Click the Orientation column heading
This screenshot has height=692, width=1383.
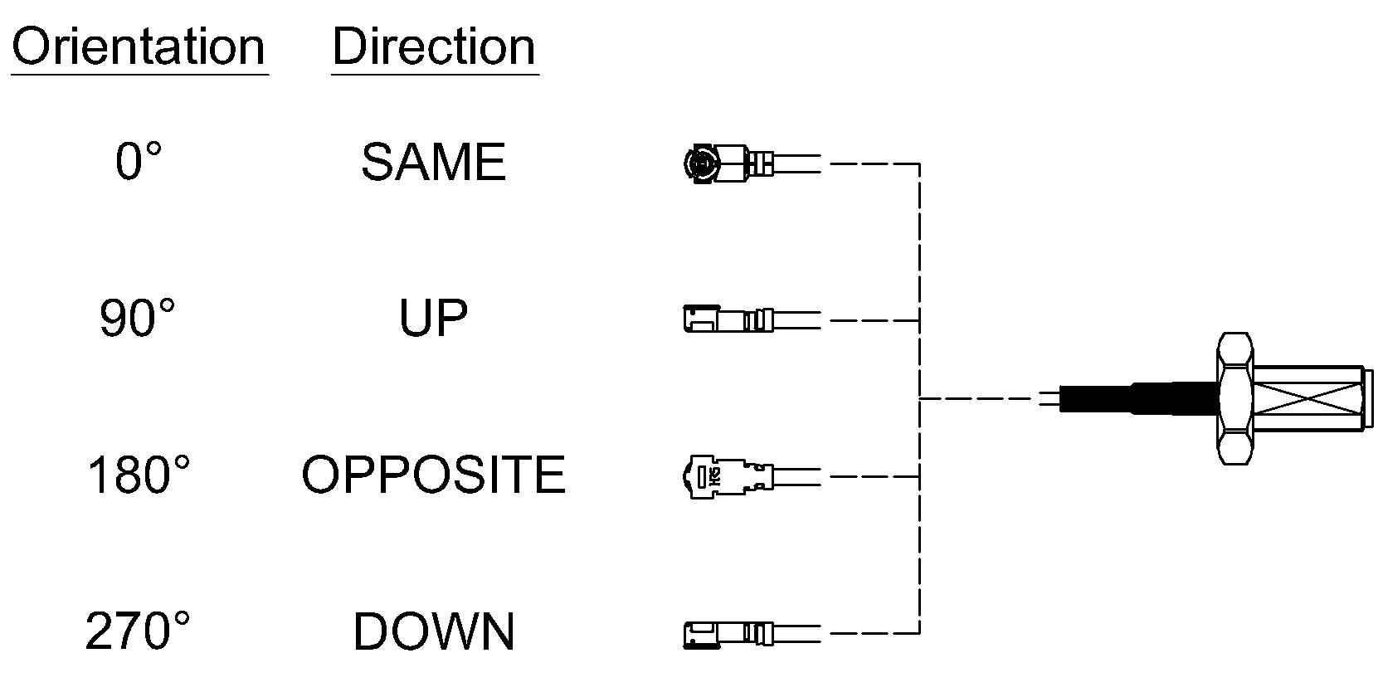[139, 47]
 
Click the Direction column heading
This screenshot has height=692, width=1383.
[434, 47]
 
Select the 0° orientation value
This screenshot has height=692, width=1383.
[139, 161]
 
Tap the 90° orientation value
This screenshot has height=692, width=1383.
[137, 318]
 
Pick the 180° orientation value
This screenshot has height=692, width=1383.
[139, 475]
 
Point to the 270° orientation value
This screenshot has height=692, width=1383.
[137, 631]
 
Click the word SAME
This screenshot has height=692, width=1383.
[433, 162]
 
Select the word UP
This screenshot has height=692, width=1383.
[433, 319]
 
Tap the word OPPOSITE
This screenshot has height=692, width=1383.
[433, 475]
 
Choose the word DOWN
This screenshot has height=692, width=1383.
[433, 631]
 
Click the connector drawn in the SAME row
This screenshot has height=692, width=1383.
[752, 163]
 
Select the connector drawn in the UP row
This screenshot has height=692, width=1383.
[752, 319]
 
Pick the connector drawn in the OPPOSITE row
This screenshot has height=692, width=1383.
[752, 476]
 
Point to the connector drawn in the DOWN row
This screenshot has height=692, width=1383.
[752, 634]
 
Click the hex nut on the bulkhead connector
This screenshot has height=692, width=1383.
[1234, 398]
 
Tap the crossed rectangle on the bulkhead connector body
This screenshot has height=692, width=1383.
[1308, 399]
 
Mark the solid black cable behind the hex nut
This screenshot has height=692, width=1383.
[1139, 398]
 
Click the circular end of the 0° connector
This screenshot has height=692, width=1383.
[702, 163]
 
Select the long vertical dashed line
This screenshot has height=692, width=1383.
[920, 398]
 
